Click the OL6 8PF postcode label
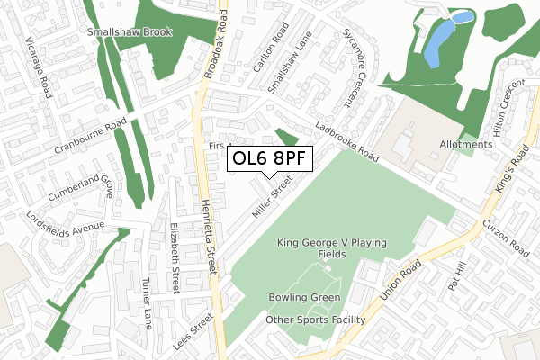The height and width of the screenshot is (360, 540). [x=270, y=160]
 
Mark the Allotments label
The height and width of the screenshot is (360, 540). [x=466, y=144]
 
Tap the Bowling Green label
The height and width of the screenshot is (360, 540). [x=304, y=298]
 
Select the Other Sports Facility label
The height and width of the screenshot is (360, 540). [x=315, y=319]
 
